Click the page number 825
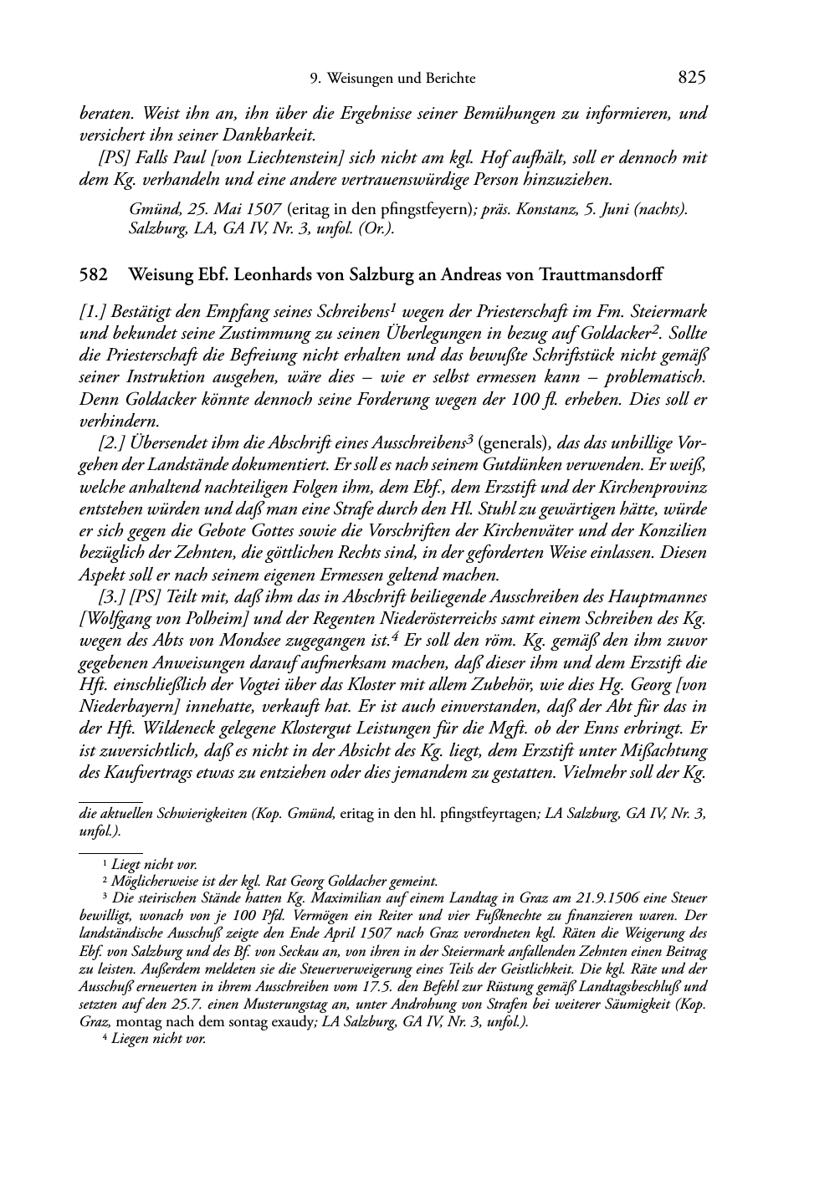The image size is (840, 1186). tap(692, 78)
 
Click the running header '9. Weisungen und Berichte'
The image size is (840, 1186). tap(392, 79)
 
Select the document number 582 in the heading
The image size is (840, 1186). tap(91, 273)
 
